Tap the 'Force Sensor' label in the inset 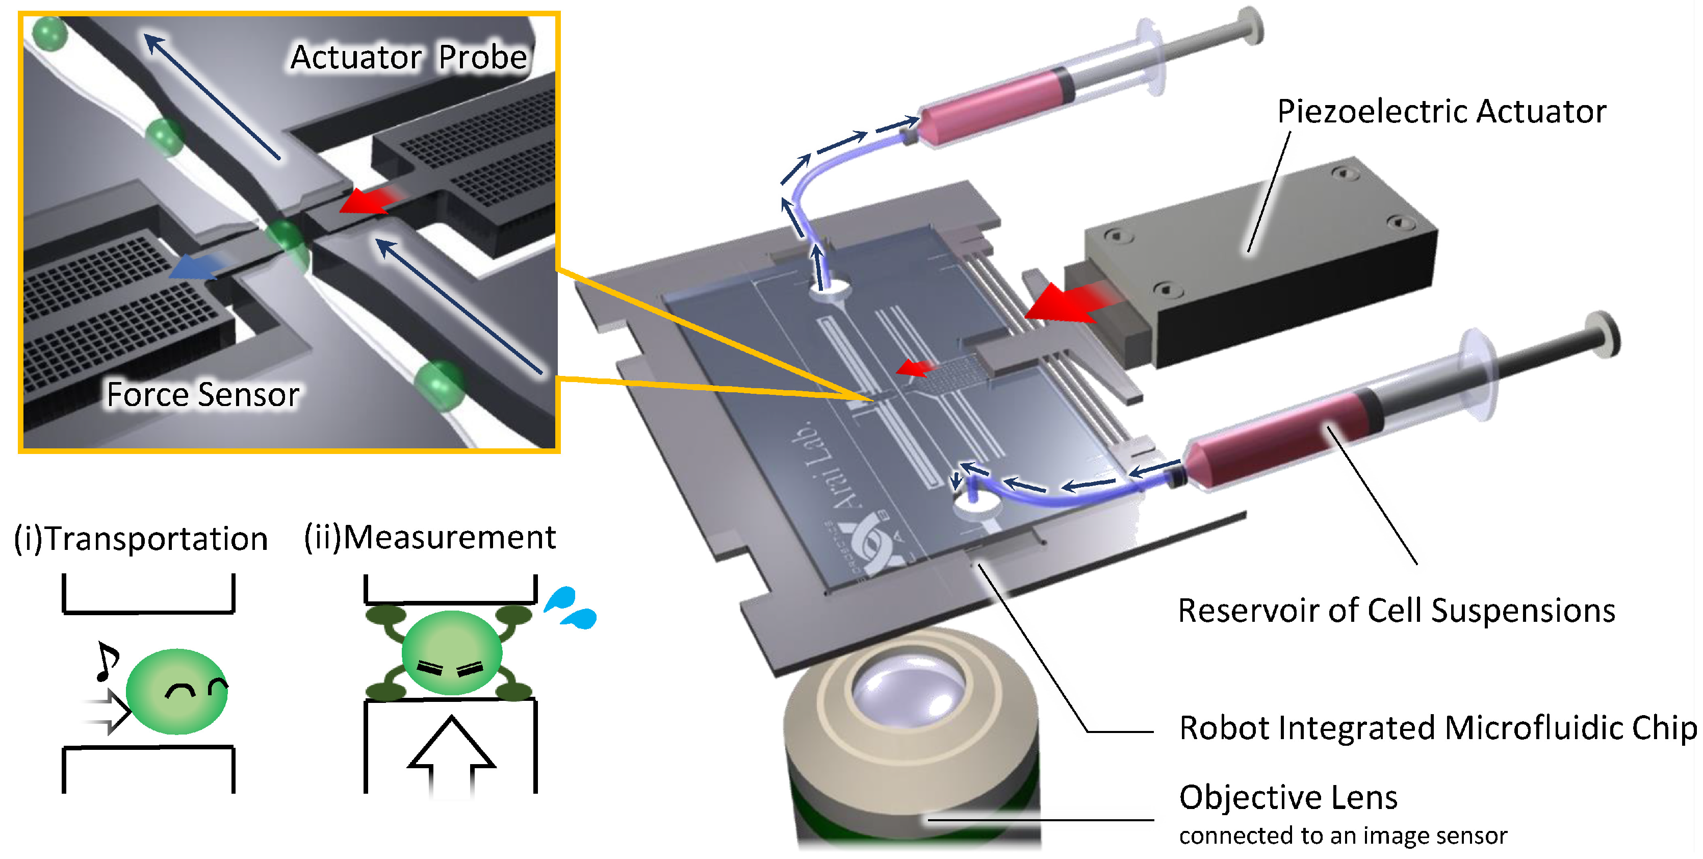pos(202,395)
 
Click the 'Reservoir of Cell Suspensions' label pos(1396,611)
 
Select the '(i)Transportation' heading pos(141,538)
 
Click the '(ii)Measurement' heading pos(430,537)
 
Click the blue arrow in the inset pos(195,268)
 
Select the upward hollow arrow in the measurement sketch pos(452,754)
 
